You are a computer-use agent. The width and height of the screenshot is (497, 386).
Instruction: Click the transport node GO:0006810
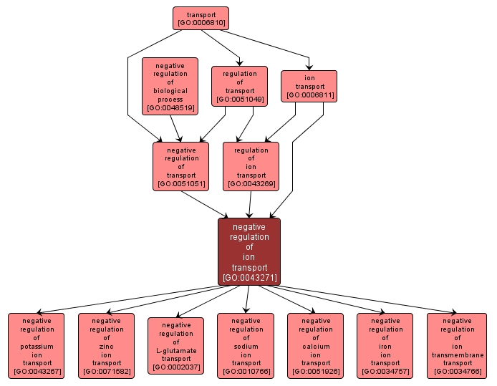[201, 18]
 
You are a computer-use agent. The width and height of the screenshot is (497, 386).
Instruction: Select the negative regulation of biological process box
[170, 86]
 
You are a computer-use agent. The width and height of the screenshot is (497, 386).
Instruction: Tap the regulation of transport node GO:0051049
[239, 86]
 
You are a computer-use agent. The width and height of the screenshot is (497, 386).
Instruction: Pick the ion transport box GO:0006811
[309, 86]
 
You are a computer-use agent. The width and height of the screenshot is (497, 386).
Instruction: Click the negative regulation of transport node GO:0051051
[181, 166]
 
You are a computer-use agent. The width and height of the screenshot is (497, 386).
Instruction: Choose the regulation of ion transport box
[251, 166]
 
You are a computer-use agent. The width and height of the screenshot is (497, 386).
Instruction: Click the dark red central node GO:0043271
[249, 251]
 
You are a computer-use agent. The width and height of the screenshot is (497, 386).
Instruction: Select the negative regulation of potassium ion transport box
[37, 345]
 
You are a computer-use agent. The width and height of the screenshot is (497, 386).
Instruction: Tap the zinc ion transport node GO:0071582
[106, 345]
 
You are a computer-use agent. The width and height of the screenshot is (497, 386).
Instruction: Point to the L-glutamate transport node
[175, 346]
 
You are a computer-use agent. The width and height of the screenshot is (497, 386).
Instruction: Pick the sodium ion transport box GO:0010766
[246, 345]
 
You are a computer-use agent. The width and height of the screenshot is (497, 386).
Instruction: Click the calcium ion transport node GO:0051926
[315, 345]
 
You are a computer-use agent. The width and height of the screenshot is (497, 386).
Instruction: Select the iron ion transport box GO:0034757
[385, 345]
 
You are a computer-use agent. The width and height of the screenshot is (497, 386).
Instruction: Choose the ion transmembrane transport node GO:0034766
[457, 345]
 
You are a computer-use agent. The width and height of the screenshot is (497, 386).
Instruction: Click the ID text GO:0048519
[170, 108]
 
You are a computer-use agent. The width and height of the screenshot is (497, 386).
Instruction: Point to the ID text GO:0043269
[251, 184]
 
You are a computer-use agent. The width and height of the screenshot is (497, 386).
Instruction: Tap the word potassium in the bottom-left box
[37, 346]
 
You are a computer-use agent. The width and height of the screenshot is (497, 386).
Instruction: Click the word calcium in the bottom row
[315, 346]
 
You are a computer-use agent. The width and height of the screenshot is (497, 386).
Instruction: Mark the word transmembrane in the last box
[457, 355]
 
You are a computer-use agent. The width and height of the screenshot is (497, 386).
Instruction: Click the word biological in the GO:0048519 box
[170, 91]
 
